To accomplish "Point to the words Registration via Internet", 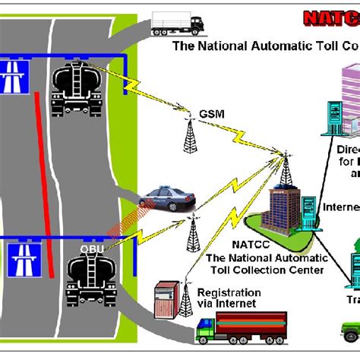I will [229, 298].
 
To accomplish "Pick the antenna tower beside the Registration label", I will [185, 298].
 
